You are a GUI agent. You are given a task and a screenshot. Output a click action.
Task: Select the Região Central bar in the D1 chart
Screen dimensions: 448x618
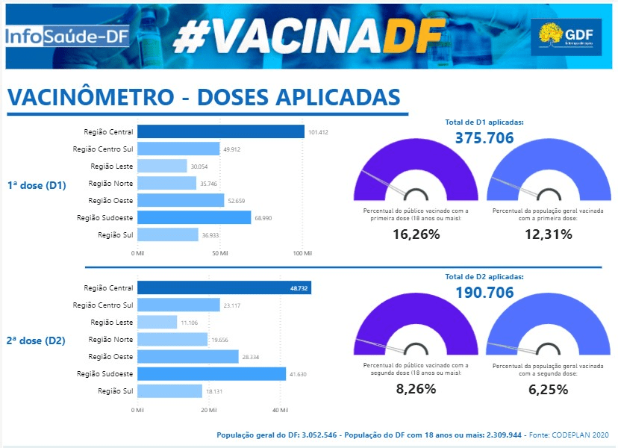(221, 131)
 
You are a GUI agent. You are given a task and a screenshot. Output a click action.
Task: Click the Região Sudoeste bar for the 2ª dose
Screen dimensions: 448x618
(211, 373)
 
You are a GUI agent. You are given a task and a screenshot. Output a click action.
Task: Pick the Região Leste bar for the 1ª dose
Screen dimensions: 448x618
(162, 166)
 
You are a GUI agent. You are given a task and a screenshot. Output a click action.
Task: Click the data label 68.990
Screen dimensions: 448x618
(266, 217)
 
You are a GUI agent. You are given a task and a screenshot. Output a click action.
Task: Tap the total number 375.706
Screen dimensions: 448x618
(485, 137)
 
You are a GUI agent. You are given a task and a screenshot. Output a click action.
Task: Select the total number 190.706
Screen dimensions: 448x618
(485, 293)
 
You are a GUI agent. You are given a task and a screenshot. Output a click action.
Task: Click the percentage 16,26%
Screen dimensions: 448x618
(416, 234)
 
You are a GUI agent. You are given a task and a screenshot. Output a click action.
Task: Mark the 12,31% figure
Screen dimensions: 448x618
(546, 234)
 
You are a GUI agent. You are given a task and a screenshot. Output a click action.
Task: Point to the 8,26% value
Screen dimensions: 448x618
(416, 390)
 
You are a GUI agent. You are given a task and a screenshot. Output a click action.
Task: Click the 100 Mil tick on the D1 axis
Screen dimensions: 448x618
(302, 254)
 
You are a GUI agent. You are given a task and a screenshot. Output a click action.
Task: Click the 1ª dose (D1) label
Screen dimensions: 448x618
(37, 185)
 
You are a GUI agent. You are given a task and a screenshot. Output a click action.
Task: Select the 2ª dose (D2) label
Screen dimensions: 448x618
(37, 340)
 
